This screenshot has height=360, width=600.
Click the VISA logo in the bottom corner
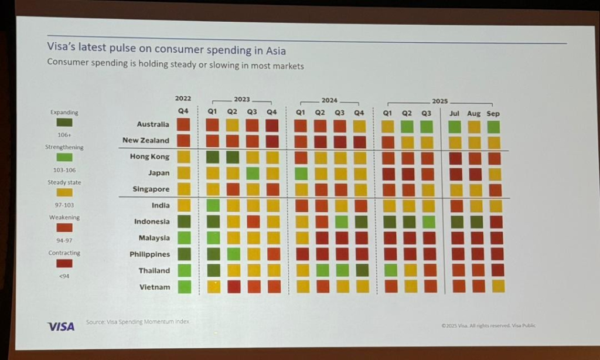(61, 326)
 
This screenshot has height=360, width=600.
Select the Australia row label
(152, 124)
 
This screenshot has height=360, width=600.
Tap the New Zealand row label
(145, 141)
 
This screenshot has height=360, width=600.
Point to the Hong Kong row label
(149, 157)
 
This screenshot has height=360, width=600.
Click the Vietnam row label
(155, 287)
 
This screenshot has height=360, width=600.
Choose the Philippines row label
(149, 254)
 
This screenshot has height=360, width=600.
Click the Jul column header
(455, 113)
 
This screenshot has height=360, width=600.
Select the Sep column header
(493, 113)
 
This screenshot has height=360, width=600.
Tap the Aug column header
(473, 113)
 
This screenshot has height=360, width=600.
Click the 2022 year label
(183, 99)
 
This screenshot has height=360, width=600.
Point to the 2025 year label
(439, 101)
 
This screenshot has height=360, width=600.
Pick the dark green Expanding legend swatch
(64, 123)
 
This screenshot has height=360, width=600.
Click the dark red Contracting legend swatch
(64, 264)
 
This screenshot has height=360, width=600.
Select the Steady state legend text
(64, 182)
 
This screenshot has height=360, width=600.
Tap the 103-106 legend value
(64, 170)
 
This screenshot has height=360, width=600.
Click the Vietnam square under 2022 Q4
(183, 287)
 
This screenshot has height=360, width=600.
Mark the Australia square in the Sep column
(495, 126)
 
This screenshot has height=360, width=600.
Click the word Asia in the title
(275, 51)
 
